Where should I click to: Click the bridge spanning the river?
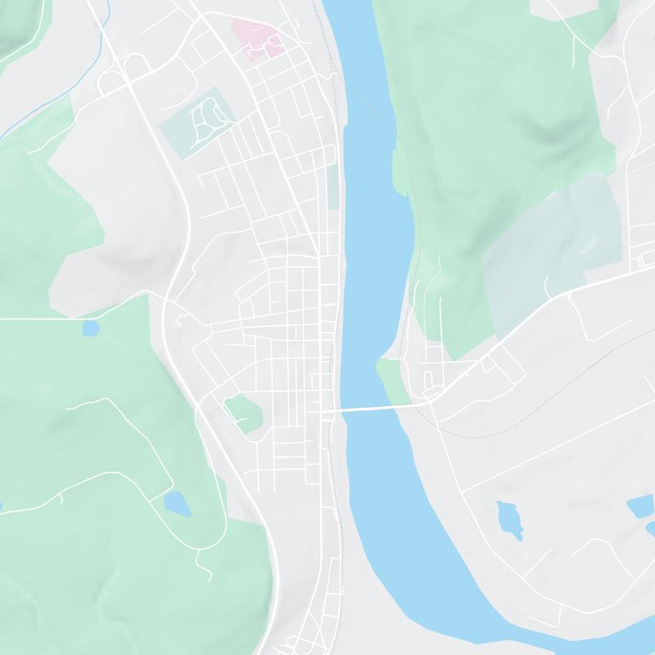373,407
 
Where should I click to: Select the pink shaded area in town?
255,37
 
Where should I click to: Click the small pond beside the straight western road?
90,329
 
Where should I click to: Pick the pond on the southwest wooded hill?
177,504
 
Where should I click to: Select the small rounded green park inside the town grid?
242,411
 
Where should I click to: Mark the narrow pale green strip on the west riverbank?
333,187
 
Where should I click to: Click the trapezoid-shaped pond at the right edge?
641,508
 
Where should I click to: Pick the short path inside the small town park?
241,419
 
